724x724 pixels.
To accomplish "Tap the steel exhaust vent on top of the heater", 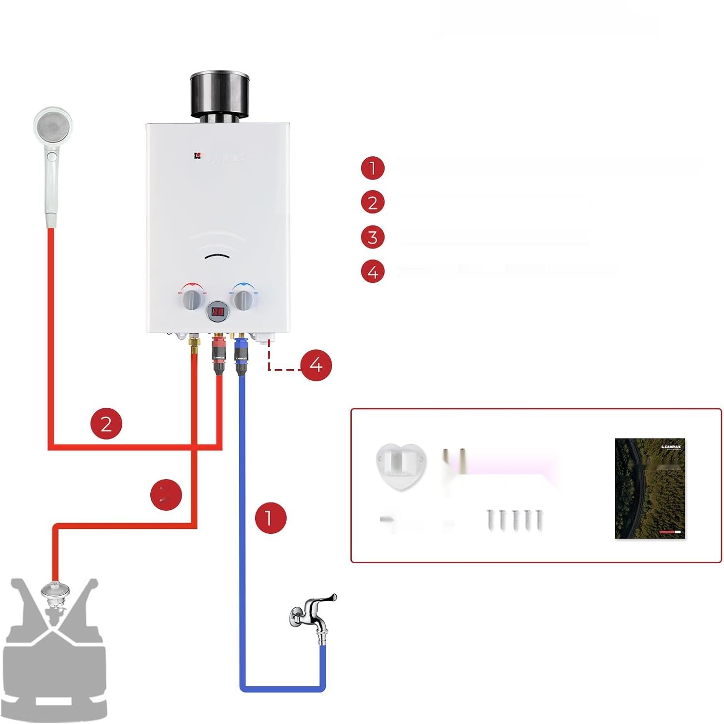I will pyautogui.click(x=220, y=94).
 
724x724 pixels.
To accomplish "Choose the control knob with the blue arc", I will pyautogui.click(x=245, y=299).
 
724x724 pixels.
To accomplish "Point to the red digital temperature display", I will pyautogui.click(x=218, y=313).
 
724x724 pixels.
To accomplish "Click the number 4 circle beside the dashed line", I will pyautogui.click(x=316, y=365).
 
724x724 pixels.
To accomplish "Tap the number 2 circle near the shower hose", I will pyautogui.click(x=106, y=424).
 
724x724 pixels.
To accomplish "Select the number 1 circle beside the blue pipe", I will pyautogui.click(x=270, y=518).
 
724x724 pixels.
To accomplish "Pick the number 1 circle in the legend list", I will pyautogui.click(x=373, y=168).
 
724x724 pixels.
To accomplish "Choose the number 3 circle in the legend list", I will pyautogui.click(x=373, y=237).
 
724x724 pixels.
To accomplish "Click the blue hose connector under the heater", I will pyautogui.click(x=241, y=355).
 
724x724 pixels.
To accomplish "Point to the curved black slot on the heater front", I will pyautogui.click(x=218, y=257).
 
